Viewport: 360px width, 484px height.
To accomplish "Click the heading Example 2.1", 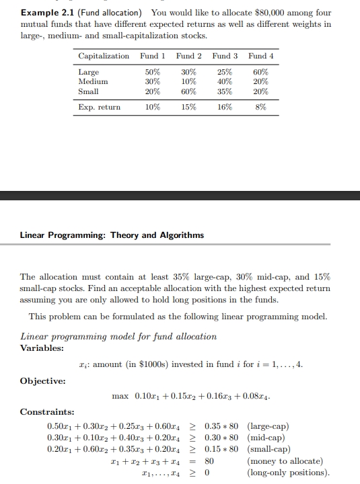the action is [47, 13].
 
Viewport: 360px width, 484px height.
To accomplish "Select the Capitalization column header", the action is [104, 56].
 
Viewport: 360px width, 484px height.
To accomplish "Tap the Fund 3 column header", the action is [225, 56].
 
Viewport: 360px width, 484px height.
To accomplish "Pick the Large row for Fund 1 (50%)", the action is [152, 72].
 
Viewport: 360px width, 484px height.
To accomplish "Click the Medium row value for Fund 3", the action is [225, 81].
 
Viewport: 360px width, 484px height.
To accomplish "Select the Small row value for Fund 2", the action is [188, 91].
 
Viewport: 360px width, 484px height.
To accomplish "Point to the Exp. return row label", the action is [100, 107].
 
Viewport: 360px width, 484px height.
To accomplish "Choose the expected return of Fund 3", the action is [225, 107].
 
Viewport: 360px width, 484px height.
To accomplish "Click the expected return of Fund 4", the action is [261, 107].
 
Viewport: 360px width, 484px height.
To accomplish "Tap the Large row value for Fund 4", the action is [261, 72].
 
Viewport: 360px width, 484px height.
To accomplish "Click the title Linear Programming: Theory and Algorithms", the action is [112, 235].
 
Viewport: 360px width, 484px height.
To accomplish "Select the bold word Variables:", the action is [42, 348].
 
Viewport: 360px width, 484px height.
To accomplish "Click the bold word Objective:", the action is [43, 380].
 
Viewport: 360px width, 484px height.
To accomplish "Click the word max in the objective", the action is [120, 396].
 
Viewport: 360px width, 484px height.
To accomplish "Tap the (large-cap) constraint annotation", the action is [269, 426].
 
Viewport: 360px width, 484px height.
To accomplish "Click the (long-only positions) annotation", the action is [289, 472].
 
